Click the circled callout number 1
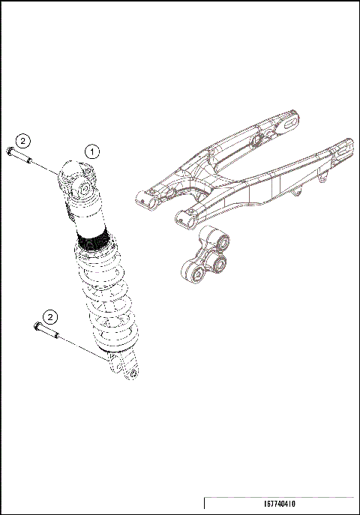(92, 150)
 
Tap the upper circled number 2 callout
(23, 140)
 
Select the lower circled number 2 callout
(50, 316)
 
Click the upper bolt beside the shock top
(16, 156)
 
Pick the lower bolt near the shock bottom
(45, 329)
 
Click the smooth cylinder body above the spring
(88, 218)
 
